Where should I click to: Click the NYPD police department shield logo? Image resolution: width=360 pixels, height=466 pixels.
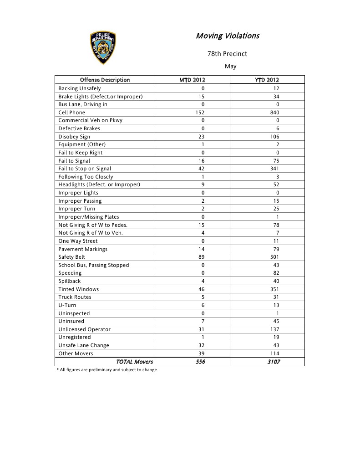103,48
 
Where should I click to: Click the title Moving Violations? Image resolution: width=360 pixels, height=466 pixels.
227,36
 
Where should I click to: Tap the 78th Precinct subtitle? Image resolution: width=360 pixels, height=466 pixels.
227,54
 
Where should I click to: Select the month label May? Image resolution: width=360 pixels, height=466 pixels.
230,67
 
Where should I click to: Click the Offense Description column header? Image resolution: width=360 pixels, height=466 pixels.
105,80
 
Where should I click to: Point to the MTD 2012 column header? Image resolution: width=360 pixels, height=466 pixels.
193,80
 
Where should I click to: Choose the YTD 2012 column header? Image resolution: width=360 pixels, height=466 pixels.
267,80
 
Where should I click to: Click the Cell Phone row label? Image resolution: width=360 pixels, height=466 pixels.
72,113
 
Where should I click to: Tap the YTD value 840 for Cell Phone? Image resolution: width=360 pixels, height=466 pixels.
274,113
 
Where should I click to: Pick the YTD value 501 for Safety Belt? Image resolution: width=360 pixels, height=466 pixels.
274,257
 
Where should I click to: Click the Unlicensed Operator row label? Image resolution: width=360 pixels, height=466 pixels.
85,329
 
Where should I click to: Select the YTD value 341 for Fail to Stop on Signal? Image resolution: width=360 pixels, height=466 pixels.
274,169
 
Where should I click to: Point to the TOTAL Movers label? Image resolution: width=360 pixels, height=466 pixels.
134,362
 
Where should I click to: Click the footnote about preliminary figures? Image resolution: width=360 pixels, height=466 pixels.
107,370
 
